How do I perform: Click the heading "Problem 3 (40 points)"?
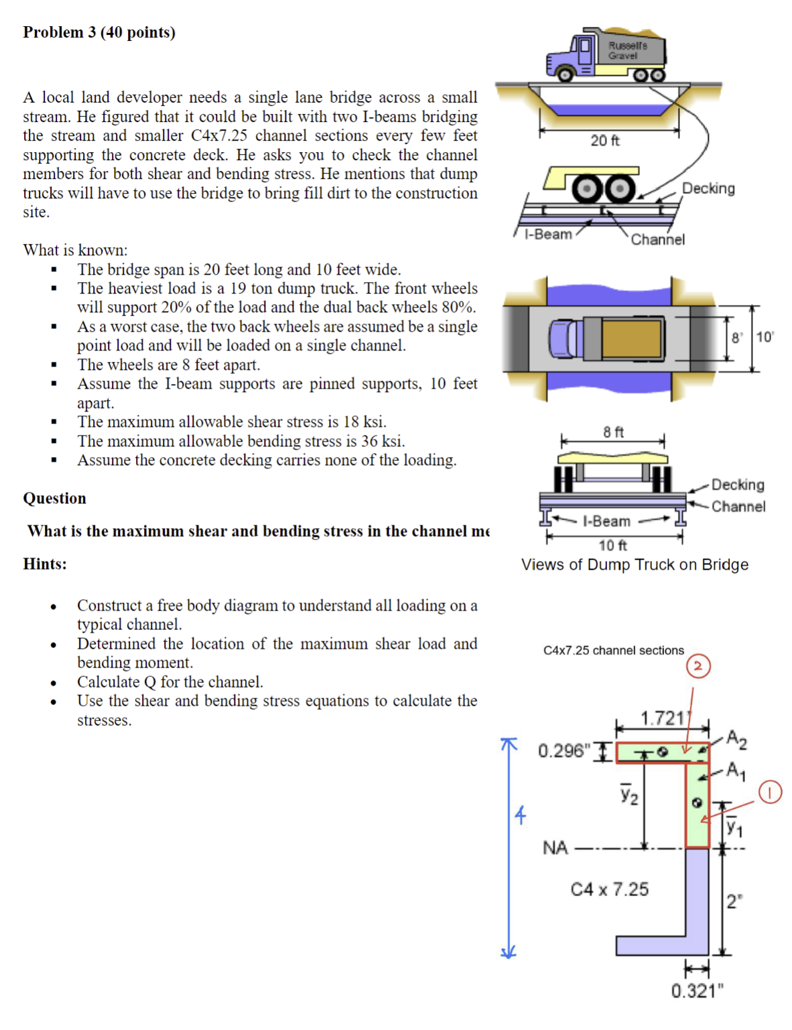(99, 32)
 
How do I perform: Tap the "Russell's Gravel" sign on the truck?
(627, 50)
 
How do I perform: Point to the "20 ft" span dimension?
(604, 140)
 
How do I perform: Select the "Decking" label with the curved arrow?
(708, 188)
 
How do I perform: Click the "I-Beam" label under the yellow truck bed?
(548, 234)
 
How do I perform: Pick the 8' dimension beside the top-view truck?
(737, 338)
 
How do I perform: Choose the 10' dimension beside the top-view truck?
(765, 336)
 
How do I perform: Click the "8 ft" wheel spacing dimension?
(613, 432)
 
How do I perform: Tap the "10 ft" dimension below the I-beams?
(612, 545)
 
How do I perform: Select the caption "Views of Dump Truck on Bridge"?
(635, 564)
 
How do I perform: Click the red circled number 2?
(698, 666)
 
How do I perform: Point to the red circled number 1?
(770, 792)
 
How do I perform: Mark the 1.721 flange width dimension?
(663, 718)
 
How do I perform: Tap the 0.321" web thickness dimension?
(698, 990)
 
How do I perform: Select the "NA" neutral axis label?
(555, 848)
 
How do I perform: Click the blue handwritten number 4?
(521, 815)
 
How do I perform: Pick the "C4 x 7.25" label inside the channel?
(610, 889)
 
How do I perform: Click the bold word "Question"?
(55, 498)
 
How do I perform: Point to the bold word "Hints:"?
(45, 564)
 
